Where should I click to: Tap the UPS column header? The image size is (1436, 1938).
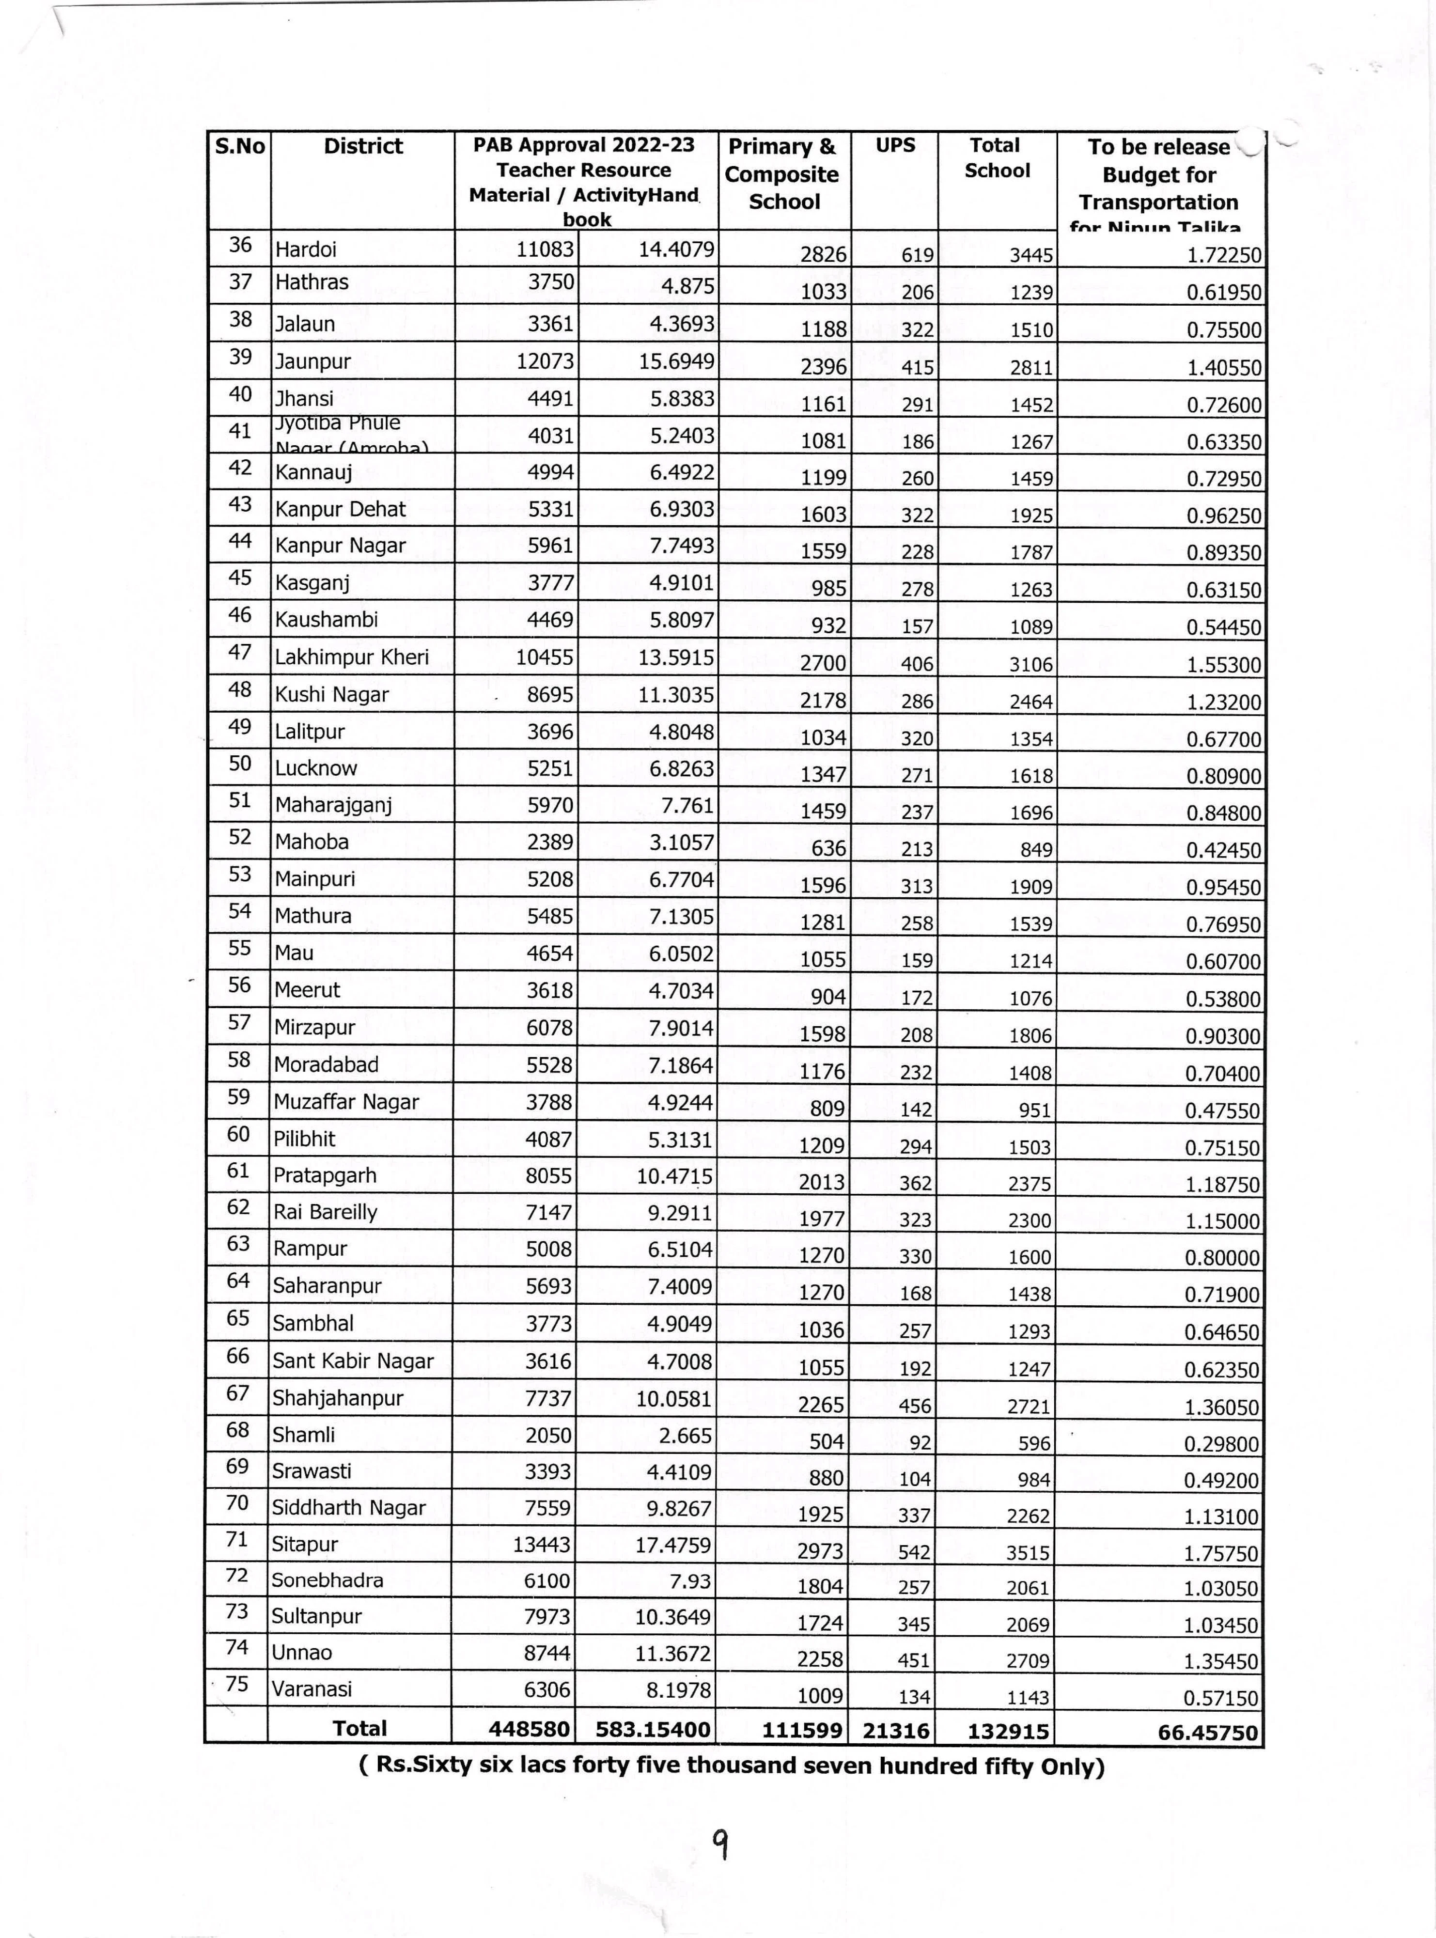[895, 145]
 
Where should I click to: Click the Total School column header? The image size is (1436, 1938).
[996, 157]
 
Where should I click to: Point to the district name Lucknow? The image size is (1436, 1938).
[316, 768]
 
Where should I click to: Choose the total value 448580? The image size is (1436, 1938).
[530, 1730]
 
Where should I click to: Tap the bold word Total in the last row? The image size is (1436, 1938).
[360, 1729]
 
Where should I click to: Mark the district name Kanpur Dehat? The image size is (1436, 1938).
[341, 509]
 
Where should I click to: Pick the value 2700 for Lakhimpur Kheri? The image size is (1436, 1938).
[822, 664]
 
